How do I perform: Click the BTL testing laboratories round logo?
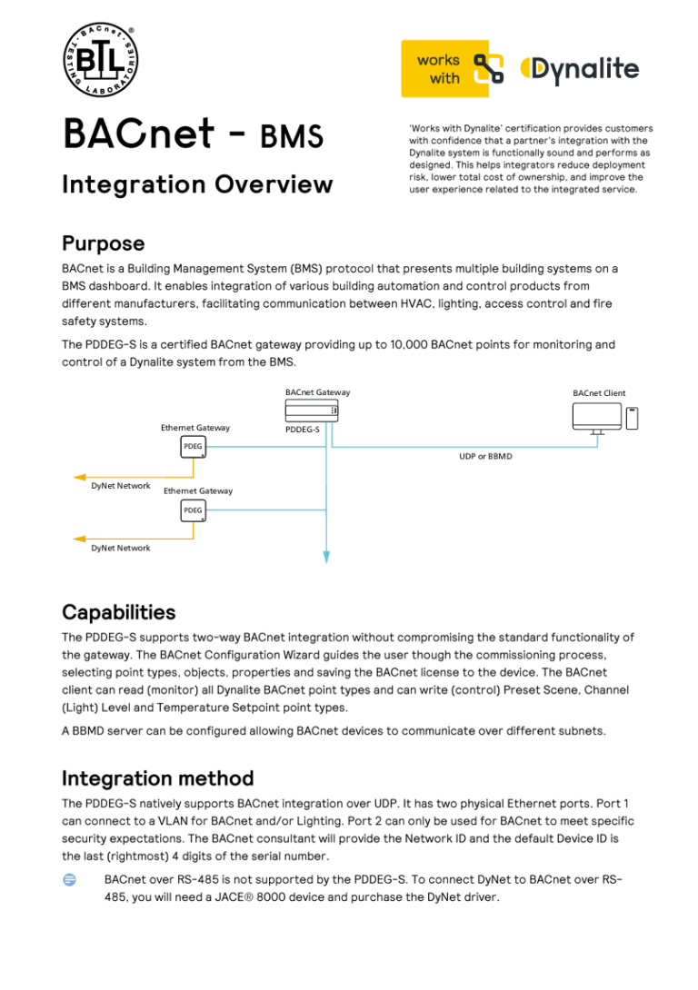100,62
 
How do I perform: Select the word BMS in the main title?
291,135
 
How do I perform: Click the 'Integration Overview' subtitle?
197,184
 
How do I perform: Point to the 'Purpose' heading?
103,243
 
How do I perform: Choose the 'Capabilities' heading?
118,611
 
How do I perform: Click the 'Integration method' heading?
157,778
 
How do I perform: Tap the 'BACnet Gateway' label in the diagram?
317,392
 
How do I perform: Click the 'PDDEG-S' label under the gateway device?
303,429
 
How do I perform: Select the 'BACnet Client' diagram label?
599,393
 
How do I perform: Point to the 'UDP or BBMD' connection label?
485,456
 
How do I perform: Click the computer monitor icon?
597,418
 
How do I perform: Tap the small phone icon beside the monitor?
633,418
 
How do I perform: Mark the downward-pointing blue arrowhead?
325,557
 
